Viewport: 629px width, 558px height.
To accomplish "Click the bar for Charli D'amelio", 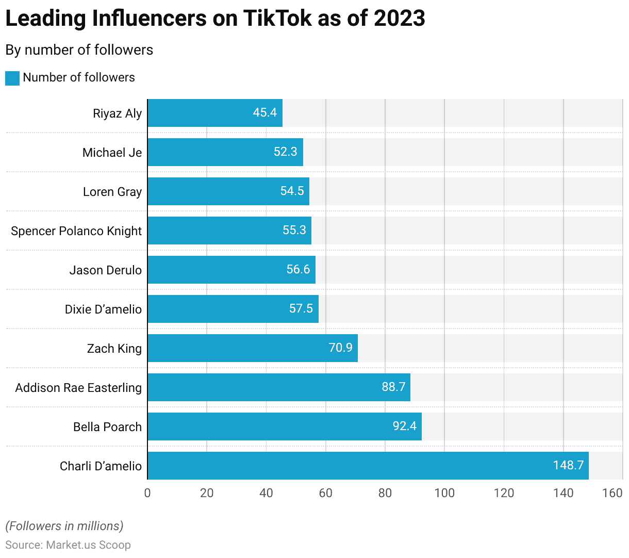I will (368, 466).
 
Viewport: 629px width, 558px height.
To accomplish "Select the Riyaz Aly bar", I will (214, 113).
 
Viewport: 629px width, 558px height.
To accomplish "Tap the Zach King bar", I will (252, 348).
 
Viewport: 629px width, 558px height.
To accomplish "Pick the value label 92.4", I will (404, 426).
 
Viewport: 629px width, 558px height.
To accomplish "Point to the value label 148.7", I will (568, 466).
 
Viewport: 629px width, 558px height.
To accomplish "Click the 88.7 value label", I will (393, 387).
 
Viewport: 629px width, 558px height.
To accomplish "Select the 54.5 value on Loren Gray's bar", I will (292, 191).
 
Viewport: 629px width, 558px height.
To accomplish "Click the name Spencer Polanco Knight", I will (76, 231).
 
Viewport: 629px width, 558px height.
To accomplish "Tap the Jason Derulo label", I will (105, 270).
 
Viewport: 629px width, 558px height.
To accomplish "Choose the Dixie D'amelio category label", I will (103, 309).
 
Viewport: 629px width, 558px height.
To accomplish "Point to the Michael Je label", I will (112, 153).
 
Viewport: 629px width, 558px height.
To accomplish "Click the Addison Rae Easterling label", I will (78, 388).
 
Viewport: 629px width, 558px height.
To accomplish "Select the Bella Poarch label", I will (107, 427).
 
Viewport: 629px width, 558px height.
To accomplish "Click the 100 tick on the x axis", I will (444, 494).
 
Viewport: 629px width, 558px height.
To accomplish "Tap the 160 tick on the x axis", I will (612, 494).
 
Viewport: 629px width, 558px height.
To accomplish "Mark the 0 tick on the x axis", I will (147, 494).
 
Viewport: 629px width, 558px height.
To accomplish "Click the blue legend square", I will (12, 78).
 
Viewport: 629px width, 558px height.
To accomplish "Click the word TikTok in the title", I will (277, 19).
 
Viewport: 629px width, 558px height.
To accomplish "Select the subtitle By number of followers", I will (79, 50).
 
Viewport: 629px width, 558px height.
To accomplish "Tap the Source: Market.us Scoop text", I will (68, 545).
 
